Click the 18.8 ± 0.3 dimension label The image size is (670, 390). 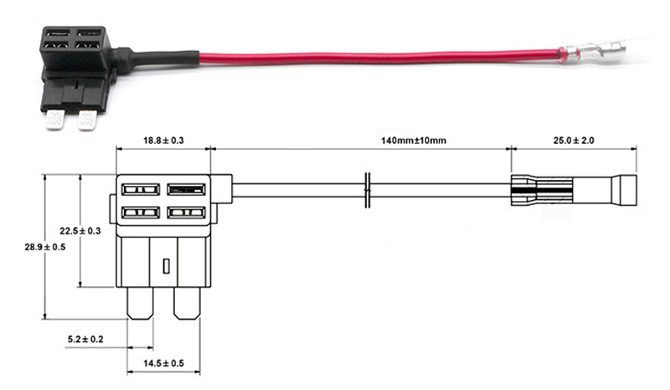click(162, 141)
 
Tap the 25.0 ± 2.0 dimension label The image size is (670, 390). click(569, 141)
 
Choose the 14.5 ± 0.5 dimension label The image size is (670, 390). click(165, 363)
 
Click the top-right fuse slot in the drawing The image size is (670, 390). click(187, 189)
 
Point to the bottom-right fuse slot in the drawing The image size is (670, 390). click(187, 213)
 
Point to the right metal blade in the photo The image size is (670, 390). click(86, 122)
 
